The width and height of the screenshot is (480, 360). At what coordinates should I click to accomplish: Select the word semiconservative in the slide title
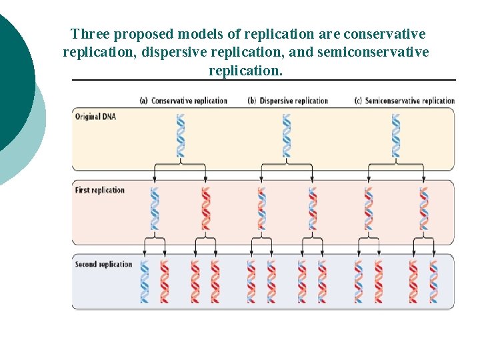373,52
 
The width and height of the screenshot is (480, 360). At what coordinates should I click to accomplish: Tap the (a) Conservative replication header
183,101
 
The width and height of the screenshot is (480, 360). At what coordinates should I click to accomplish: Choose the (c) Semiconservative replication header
405,101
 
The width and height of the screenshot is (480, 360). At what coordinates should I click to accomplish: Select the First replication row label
100,190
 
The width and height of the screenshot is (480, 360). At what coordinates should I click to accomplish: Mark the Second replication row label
103,264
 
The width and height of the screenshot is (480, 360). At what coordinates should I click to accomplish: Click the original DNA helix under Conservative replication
180,135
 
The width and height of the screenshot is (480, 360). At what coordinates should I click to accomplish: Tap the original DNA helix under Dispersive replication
287,135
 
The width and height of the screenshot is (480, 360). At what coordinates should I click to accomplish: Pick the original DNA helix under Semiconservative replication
396,135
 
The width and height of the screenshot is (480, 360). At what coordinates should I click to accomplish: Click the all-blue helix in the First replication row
155,209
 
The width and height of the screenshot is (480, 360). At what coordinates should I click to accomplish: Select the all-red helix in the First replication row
206,209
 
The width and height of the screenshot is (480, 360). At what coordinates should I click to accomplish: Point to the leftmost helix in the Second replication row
145,281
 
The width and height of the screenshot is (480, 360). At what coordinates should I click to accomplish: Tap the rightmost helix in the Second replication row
434,281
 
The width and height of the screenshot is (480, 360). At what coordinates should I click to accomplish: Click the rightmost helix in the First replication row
423,209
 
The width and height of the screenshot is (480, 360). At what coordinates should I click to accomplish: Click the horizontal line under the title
263,80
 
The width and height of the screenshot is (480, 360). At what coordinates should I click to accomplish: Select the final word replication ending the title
245,70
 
